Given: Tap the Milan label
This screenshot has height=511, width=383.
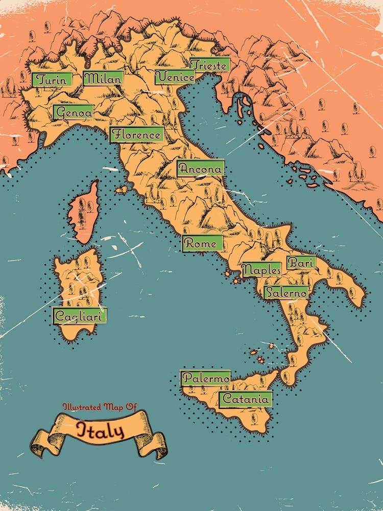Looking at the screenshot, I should tap(103, 78).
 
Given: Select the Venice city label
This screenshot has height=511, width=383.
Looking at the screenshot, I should tap(175, 77).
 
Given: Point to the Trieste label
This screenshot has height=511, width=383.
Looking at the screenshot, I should tap(209, 65).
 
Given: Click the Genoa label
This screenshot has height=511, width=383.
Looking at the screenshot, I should tap(74, 112).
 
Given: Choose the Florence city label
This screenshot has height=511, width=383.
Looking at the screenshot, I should tap(137, 135).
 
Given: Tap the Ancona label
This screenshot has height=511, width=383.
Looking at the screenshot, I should tap(201, 168).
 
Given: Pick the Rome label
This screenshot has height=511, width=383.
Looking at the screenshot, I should tap(203, 244).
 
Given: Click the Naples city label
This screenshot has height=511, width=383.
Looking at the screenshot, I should tap(261, 269).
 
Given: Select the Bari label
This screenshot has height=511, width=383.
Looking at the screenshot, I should tap(301, 263).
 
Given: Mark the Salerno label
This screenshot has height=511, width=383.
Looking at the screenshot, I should tap(286, 293).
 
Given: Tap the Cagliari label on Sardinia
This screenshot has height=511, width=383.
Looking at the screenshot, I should tap(80, 316).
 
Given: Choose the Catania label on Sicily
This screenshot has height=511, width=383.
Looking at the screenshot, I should tap(245, 399).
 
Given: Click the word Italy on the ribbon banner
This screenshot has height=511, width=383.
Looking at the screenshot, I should tap(100, 430).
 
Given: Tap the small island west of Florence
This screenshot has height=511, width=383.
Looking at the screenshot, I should tap(122, 190).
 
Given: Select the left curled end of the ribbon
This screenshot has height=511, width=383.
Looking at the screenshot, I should tap(43, 443).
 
